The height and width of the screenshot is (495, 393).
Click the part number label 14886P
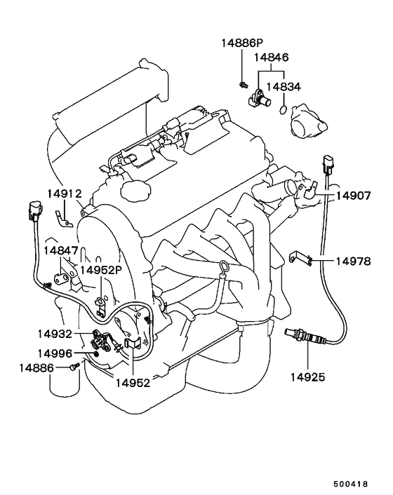pyautogui.click(x=242, y=43)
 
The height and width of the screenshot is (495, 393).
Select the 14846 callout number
pyautogui.click(x=272, y=57)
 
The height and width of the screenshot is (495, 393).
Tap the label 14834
pyautogui.click(x=284, y=87)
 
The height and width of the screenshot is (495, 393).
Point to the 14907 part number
pyautogui.click(x=353, y=196)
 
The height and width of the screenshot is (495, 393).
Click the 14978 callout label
pyautogui.click(x=353, y=262)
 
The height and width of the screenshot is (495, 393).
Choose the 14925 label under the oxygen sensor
pyautogui.click(x=307, y=377)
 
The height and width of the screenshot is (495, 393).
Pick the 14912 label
pyautogui.click(x=65, y=194)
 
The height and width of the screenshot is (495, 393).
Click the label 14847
pyautogui.click(x=60, y=251)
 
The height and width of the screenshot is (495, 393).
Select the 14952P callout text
pyautogui.click(x=101, y=270)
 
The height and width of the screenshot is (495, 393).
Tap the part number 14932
pyautogui.click(x=55, y=334)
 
